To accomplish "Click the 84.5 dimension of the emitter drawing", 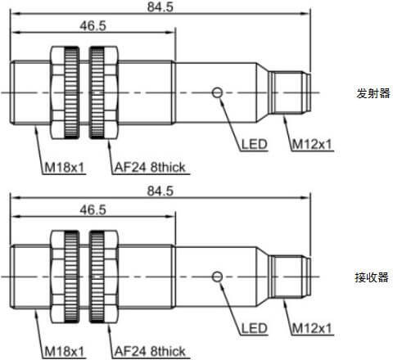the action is click(160, 7).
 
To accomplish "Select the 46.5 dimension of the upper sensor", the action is click(93, 26).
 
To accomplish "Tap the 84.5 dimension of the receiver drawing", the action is click(160, 191).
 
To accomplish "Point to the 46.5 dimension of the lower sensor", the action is click(93, 210).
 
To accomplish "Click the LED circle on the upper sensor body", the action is click(217, 92).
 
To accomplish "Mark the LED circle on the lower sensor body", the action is click(217, 277).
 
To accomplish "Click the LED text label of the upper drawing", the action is click(254, 144).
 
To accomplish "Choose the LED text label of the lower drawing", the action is click(254, 328).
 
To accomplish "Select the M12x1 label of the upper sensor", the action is click(312, 144).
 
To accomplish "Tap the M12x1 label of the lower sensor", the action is click(312, 328).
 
